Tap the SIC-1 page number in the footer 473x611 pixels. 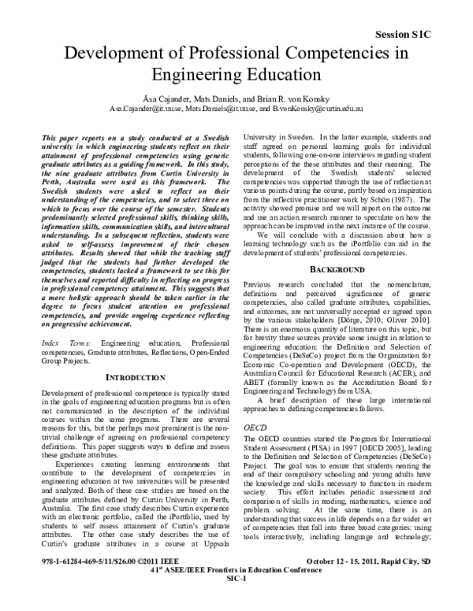pyautogui.click(x=237, y=601)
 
